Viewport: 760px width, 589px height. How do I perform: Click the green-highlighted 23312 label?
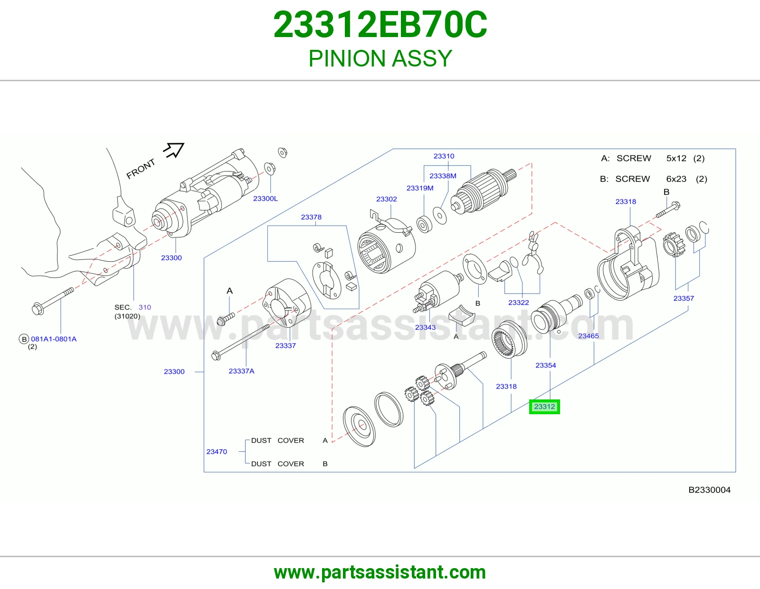click(544, 407)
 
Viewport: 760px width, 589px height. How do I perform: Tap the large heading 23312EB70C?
click(380, 25)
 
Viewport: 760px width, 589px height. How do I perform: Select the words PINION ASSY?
click(380, 58)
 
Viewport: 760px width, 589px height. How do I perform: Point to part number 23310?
click(444, 156)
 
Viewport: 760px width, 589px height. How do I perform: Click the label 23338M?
click(443, 176)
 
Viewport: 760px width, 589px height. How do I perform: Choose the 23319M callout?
click(420, 188)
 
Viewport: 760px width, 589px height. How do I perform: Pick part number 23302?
click(387, 199)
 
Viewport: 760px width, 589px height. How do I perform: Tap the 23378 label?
click(311, 217)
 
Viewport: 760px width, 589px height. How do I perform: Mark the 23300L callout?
click(266, 199)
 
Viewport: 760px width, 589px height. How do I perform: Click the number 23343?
click(425, 327)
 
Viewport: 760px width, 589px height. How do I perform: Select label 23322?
click(518, 303)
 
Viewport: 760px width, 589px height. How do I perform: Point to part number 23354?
click(546, 365)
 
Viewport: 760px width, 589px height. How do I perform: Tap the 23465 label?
click(588, 336)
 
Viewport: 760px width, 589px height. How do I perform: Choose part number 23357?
click(684, 298)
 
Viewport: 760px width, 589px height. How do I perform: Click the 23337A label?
click(241, 371)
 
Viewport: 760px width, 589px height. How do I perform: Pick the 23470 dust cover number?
click(217, 452)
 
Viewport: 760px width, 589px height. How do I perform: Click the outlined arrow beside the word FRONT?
click(174, 150)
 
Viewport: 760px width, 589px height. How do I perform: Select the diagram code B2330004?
click(709, 490)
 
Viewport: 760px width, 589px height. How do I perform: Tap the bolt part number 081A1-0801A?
click(54, 339)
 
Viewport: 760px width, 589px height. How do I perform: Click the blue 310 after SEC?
click(145, 307)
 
